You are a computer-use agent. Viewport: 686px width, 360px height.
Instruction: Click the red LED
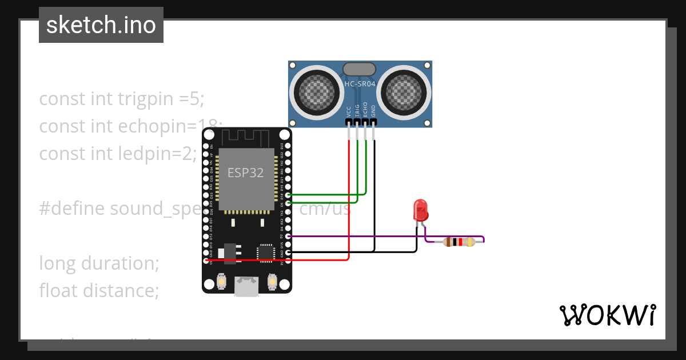point(421,210)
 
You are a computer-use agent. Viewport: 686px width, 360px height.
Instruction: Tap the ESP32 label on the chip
point(246,173)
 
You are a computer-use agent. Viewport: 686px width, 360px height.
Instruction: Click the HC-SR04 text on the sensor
point(360,85)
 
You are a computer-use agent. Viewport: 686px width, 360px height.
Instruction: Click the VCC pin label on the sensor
point(349,111)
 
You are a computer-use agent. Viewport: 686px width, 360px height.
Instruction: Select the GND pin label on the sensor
point(374,111)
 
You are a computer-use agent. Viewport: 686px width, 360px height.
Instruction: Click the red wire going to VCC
point(348,200)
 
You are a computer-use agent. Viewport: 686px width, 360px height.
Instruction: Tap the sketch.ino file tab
point(101,25)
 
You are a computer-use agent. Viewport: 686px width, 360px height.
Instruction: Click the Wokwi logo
point(607,315)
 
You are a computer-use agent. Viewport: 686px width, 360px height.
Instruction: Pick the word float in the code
point(59,291)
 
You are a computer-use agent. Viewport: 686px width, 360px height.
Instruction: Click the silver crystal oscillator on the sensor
point(359,69)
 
